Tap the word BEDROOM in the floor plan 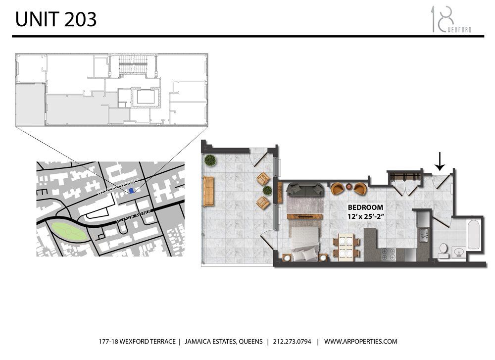[x=364, y=207]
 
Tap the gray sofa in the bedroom [x=305, y=189]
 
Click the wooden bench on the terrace [x=209, y=191]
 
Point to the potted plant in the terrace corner [x=210, y=160]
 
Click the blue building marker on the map [x=131, y=190]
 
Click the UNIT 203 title [x=55, y=19]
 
